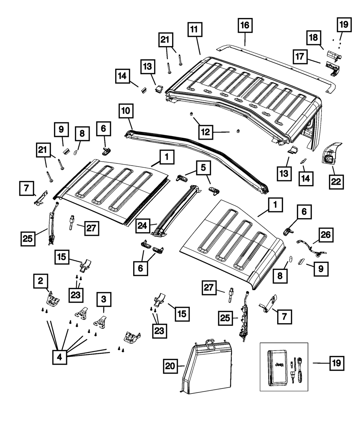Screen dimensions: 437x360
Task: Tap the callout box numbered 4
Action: point(60,357)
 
